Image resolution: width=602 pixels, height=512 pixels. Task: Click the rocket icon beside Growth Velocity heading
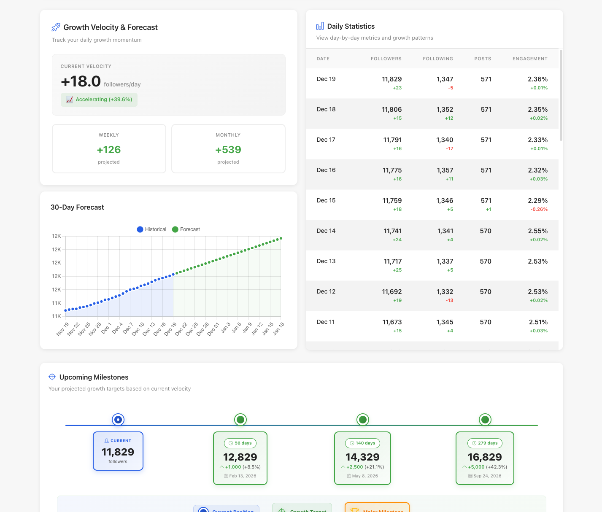pyautogui.click(x=56, y=27)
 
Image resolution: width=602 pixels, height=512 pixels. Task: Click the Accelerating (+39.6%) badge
pyautogui.click(x=99, y=100)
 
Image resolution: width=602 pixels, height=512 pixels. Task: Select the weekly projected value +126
pyautogui.click(x=109, y=150)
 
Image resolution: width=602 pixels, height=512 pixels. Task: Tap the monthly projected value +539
pyautogui.click(x=228, y=150)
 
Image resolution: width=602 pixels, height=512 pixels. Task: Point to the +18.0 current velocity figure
pyautogui.click(x=81, y=81)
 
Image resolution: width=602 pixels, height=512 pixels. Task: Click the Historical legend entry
pyautogui.click(x=151, y=229)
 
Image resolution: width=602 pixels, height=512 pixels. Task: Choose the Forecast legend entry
pyautogui.click(x=186, y=229)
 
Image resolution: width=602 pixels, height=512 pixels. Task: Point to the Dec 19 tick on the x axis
pyautogui.click(x=171, y=329)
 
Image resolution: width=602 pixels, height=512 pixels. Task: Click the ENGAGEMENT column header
pyautogui.click(x=530, y=59)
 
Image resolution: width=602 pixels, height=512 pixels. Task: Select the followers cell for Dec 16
pyautogui.click(x=392, y=170)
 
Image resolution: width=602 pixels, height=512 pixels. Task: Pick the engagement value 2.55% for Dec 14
pyautogui.click(x=537, y=231)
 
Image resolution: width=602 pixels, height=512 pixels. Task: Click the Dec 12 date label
pyautogui.click(x=326, y=291)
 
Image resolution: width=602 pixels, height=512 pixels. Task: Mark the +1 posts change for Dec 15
pyautogui.click(x=489, y=209)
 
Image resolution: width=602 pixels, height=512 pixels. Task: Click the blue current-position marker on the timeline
pyautogui.click(x=118, y=420)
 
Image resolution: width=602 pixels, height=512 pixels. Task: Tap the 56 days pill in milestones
pyautogui.click(x=240, y=443)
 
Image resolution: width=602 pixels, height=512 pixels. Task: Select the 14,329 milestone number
pyautogui.click(x=362, y=457)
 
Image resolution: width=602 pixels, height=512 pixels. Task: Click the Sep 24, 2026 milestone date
pyautogui.click(x=485, y=476)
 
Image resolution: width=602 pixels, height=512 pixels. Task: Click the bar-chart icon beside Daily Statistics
pyautogui.click(x=320, y=26)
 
